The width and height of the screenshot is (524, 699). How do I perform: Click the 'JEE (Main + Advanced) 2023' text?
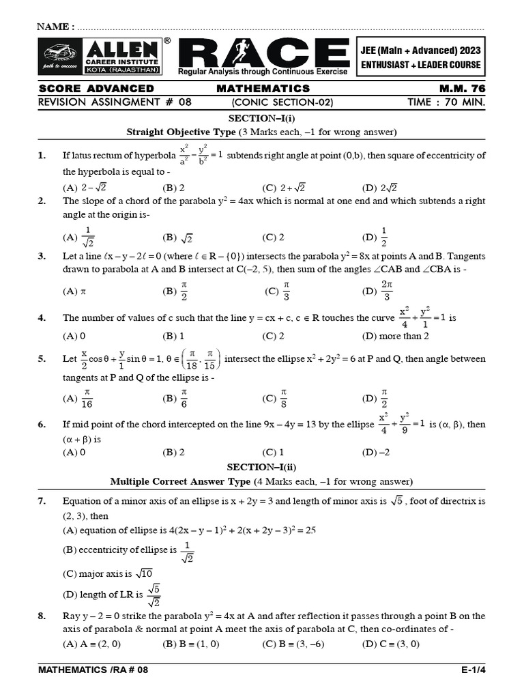coord(421,51)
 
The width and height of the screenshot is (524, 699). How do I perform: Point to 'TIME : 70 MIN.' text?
coord(447,102)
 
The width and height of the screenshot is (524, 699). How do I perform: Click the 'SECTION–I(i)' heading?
coord(261,118)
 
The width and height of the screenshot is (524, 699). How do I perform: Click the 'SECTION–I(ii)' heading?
coord(261,466)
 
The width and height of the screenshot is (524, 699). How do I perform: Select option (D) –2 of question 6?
coord(377,452)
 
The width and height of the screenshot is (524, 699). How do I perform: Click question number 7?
coord(42,501)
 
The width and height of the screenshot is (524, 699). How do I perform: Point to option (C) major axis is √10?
coord(108,573)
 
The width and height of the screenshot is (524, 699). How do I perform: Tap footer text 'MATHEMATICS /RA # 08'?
coord(93,670)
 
